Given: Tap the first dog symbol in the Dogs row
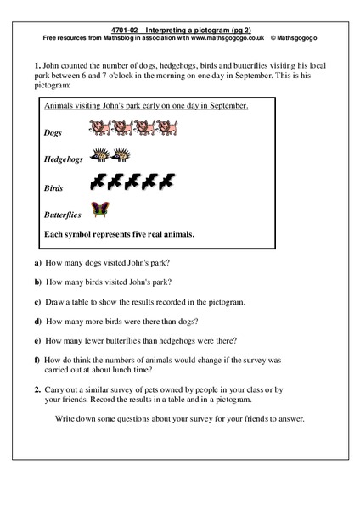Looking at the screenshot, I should (x=98, y=129).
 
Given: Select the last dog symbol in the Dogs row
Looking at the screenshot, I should (x=170, y=129).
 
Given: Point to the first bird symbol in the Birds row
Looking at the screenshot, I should (x=99, y=181).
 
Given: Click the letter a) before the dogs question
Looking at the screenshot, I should (x=38, y=262).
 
